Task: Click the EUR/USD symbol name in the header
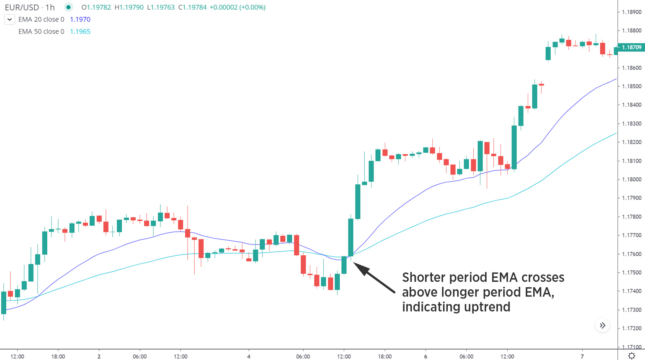(22, 7)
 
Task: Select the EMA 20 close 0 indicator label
(41, 19)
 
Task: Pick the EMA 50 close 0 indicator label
(41, 31)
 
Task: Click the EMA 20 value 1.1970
(80, 19)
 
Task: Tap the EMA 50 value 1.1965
(80, 31)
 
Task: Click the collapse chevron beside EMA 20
(10, 19)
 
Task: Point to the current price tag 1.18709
(631, 47)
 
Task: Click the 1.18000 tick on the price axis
(631, 180)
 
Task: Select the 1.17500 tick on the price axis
(631, 273)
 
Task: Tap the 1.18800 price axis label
(631, 31)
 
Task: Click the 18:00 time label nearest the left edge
(58, 357)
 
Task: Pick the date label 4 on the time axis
(249, 357)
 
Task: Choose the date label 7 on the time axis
(582, 357)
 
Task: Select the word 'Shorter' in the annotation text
(423, 278)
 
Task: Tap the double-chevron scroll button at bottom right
(602, 325)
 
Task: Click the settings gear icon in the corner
(632, 356)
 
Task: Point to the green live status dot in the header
(68, 7)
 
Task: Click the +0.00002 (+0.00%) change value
(237, 7)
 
